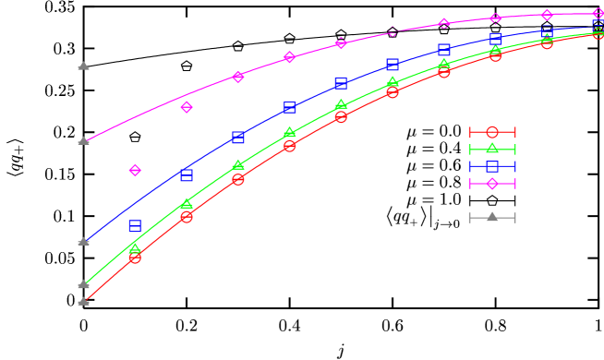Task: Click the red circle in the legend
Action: (492, 132)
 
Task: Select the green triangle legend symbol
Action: (492, 149)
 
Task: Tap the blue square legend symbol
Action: (492, 167)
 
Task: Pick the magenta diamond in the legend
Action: (492, 184)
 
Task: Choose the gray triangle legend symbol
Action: (492, 217)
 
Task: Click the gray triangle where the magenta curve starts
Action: (84, 141)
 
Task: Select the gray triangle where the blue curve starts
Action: (84, 242)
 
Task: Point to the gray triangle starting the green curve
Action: (84, 284)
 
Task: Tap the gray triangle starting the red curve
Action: (84, 302)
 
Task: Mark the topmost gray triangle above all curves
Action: (84, 66)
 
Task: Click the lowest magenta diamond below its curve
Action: (135, 170)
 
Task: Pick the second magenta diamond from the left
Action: (187, 107)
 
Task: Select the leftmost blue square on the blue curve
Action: (135, 225)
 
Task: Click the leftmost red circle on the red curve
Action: (135, 258)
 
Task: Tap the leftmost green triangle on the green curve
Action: (135, 248)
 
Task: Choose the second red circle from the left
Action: (187, 217)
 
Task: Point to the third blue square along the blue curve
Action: (238, 137)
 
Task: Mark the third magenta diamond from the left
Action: (238, 77)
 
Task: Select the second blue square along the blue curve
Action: (187, 175)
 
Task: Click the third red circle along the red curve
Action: (238, 179)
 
